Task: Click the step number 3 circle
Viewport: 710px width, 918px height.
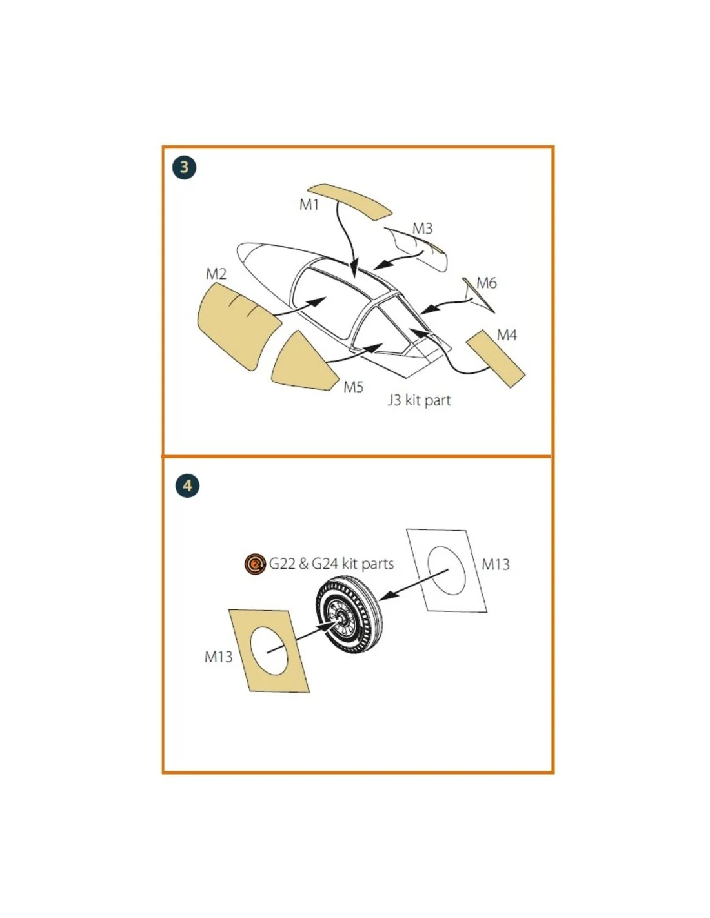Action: point(184,167)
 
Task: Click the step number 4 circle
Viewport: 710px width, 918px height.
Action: point(187,485)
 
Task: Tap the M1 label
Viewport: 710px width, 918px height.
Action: point(309,205)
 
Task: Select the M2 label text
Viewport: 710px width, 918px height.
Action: point(216,274)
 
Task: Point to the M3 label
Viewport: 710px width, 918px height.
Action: point(422,229)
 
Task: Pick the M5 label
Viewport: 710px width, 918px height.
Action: point(354,387)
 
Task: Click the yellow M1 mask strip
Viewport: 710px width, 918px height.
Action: point(350,201)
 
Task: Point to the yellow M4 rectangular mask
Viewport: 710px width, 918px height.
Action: point(496,359)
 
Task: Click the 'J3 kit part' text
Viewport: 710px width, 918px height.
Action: point(419,400)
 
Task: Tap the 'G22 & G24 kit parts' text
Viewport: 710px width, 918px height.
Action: point(331,564)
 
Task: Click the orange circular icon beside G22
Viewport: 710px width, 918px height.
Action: point(255,564)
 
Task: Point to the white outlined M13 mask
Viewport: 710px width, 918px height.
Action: point(447,571)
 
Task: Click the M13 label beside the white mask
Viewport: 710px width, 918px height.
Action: point(496,564)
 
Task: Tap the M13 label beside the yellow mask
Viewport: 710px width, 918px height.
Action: point(218,657)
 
